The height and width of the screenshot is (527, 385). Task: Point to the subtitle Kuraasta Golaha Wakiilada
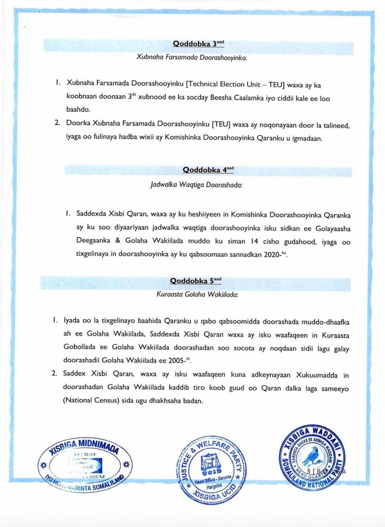pos(197,295)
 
